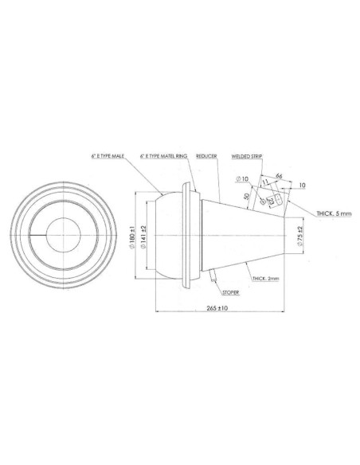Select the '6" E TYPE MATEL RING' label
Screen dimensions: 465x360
click(x=164, y=156)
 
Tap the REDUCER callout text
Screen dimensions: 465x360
click(x=207, y=156)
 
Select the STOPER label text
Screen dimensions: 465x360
click(x=230, y=292)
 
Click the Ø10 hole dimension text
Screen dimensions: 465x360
click(x=244, y=180)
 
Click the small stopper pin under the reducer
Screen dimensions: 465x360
click(x=214, y=275)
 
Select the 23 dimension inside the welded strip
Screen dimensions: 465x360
click(x=272, y=201)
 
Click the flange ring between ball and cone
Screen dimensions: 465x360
click(x=189, y=236)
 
